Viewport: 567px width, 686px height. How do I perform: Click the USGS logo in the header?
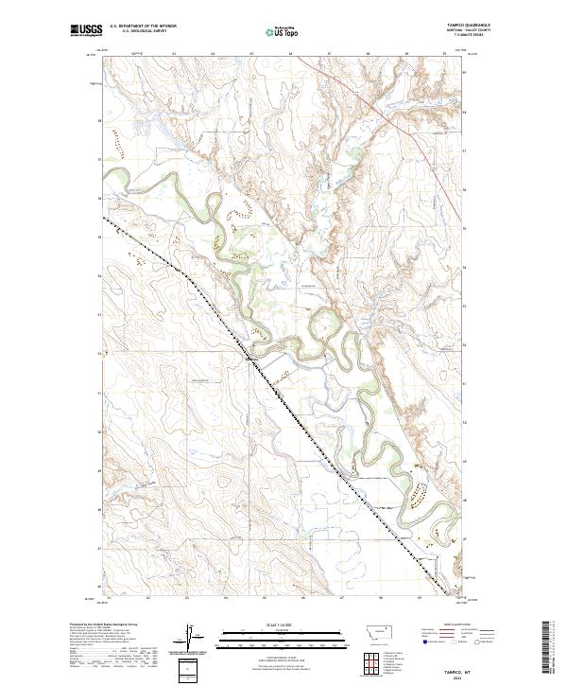[x=86, y=31]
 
